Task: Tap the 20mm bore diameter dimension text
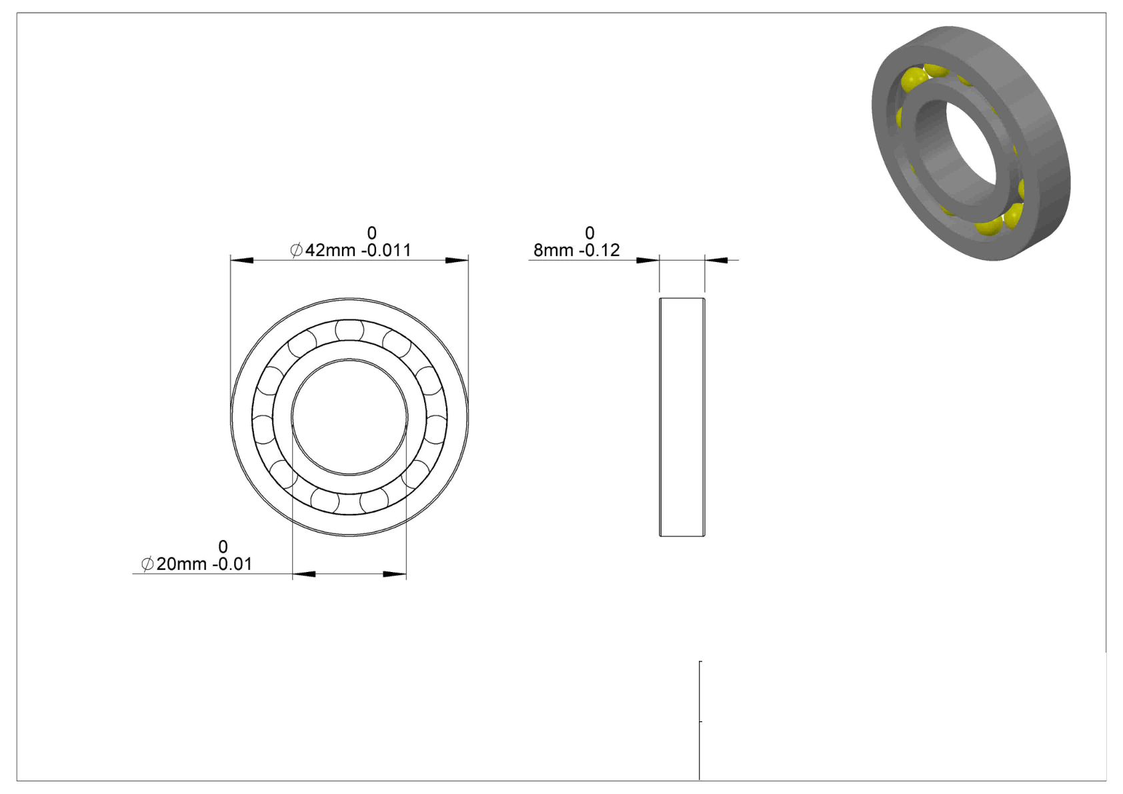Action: [181, 564]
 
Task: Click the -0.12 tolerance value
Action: [599, 250]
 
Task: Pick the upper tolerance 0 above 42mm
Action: [371, 233]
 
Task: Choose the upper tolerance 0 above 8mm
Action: [590, 233]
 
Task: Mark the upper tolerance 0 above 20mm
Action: [223, 547]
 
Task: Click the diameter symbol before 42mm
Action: [296, 250]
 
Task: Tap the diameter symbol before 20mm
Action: [147, 564]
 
